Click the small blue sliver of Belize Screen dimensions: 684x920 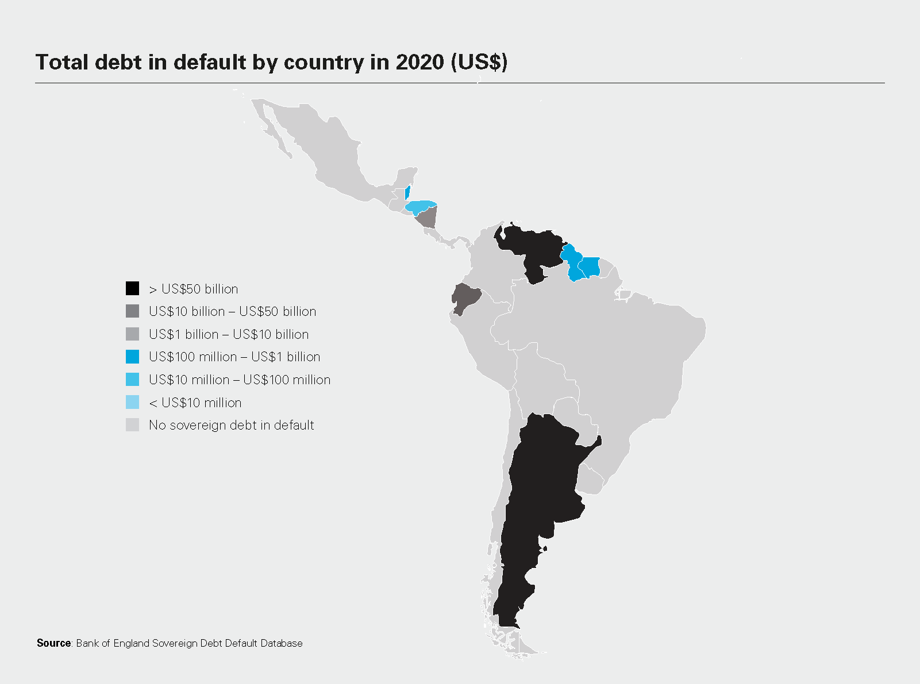[407, 192]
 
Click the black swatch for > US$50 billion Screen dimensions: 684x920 [132, 288]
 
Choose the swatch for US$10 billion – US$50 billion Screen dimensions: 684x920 [132, 311]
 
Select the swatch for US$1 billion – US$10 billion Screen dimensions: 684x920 [132, 334]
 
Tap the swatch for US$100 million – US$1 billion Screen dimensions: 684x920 [132, 357]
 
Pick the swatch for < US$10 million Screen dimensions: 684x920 [132, 402]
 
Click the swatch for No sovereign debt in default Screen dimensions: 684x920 [132, 425]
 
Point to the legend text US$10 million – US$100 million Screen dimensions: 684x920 [239, 380]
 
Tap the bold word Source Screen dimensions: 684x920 [53, 643]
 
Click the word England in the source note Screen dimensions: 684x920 [131, 643]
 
